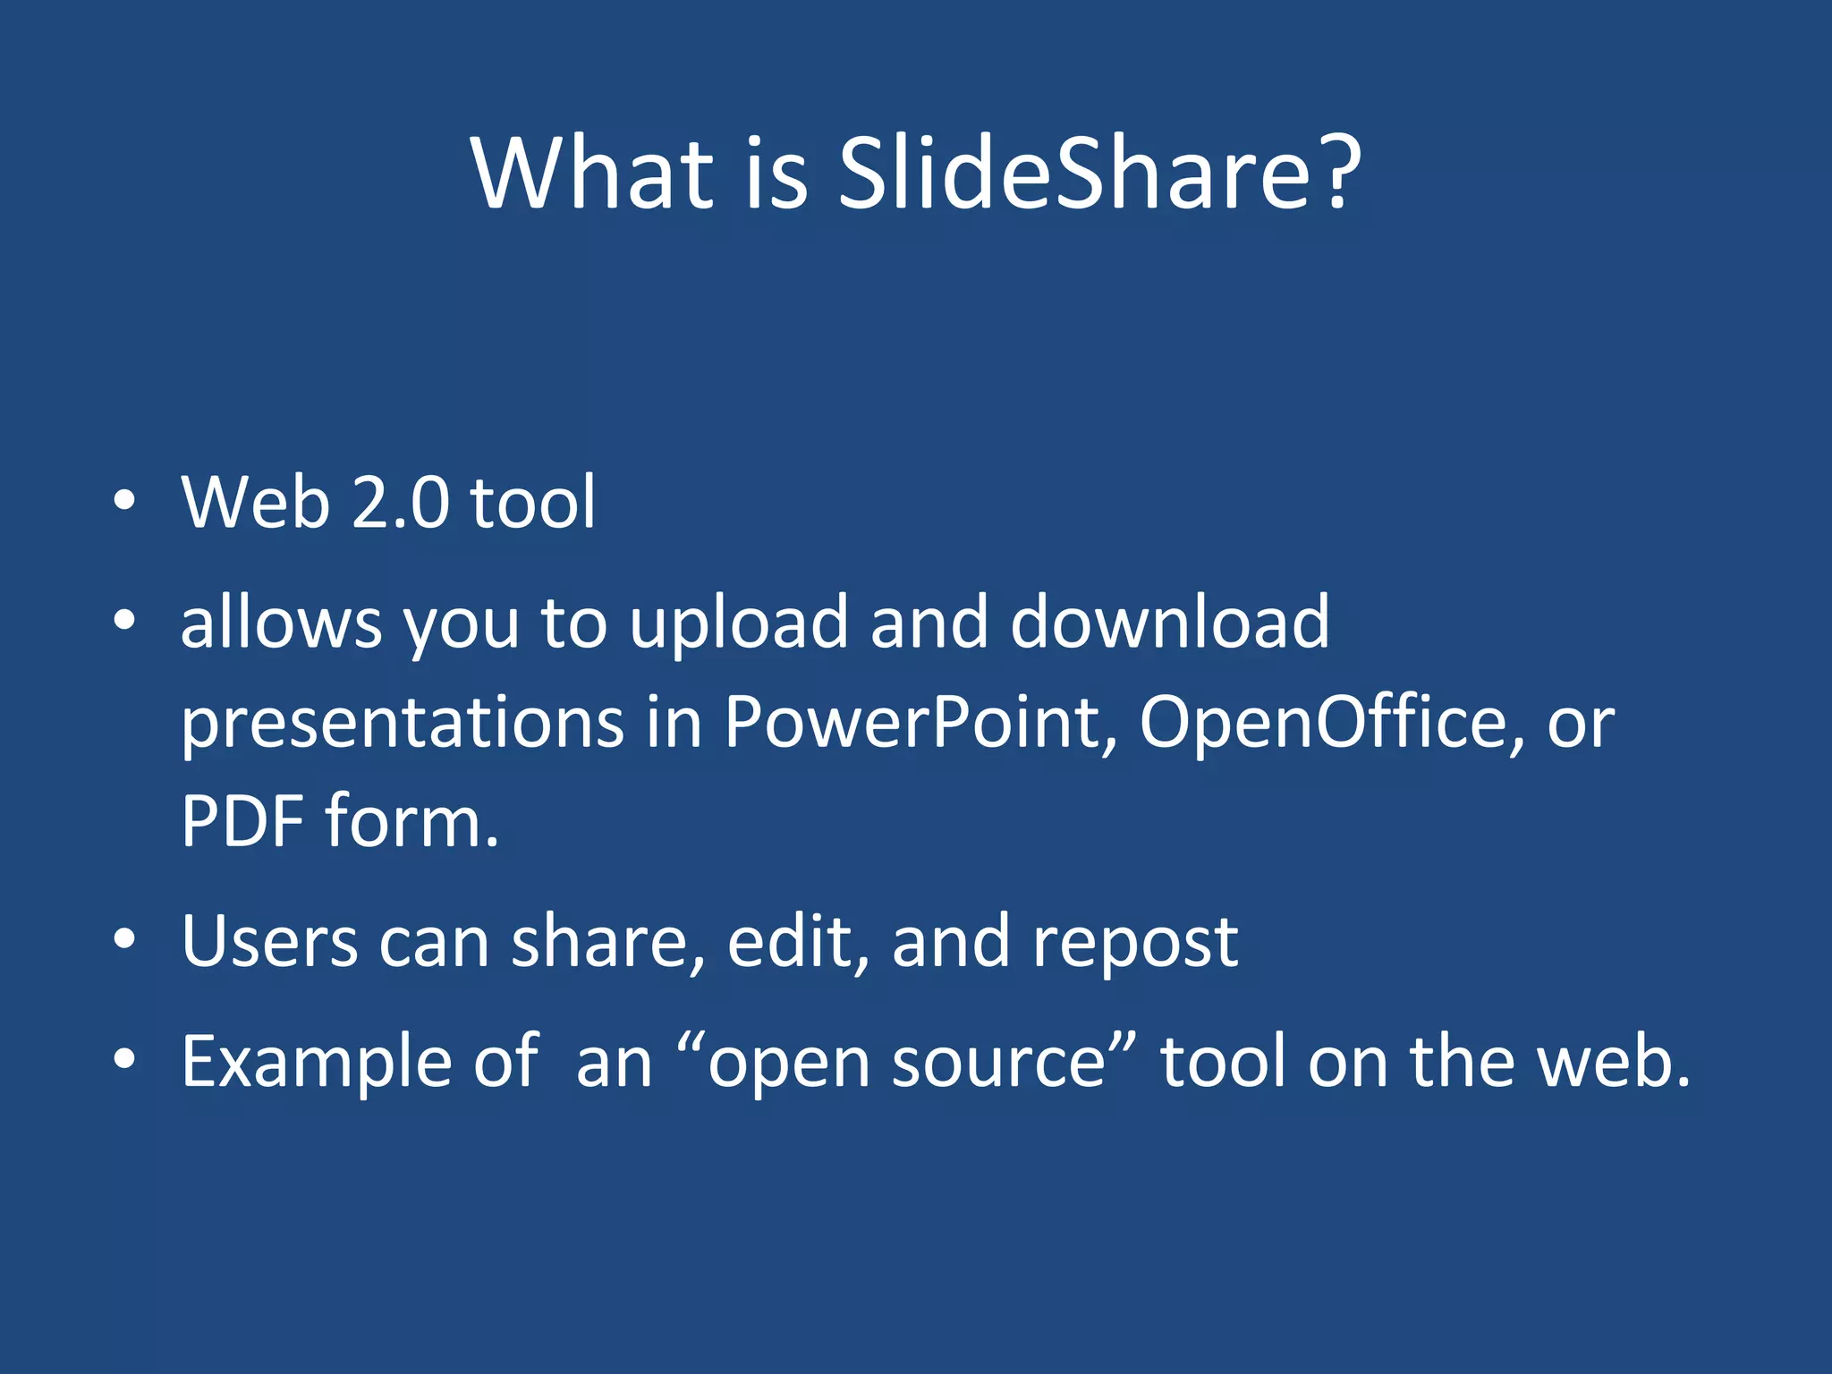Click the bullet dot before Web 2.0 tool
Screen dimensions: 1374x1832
(124, 502)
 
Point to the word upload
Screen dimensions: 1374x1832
(739, 623)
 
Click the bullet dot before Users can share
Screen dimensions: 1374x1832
(124, 939)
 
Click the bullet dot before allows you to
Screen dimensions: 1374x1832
(124, 619)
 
